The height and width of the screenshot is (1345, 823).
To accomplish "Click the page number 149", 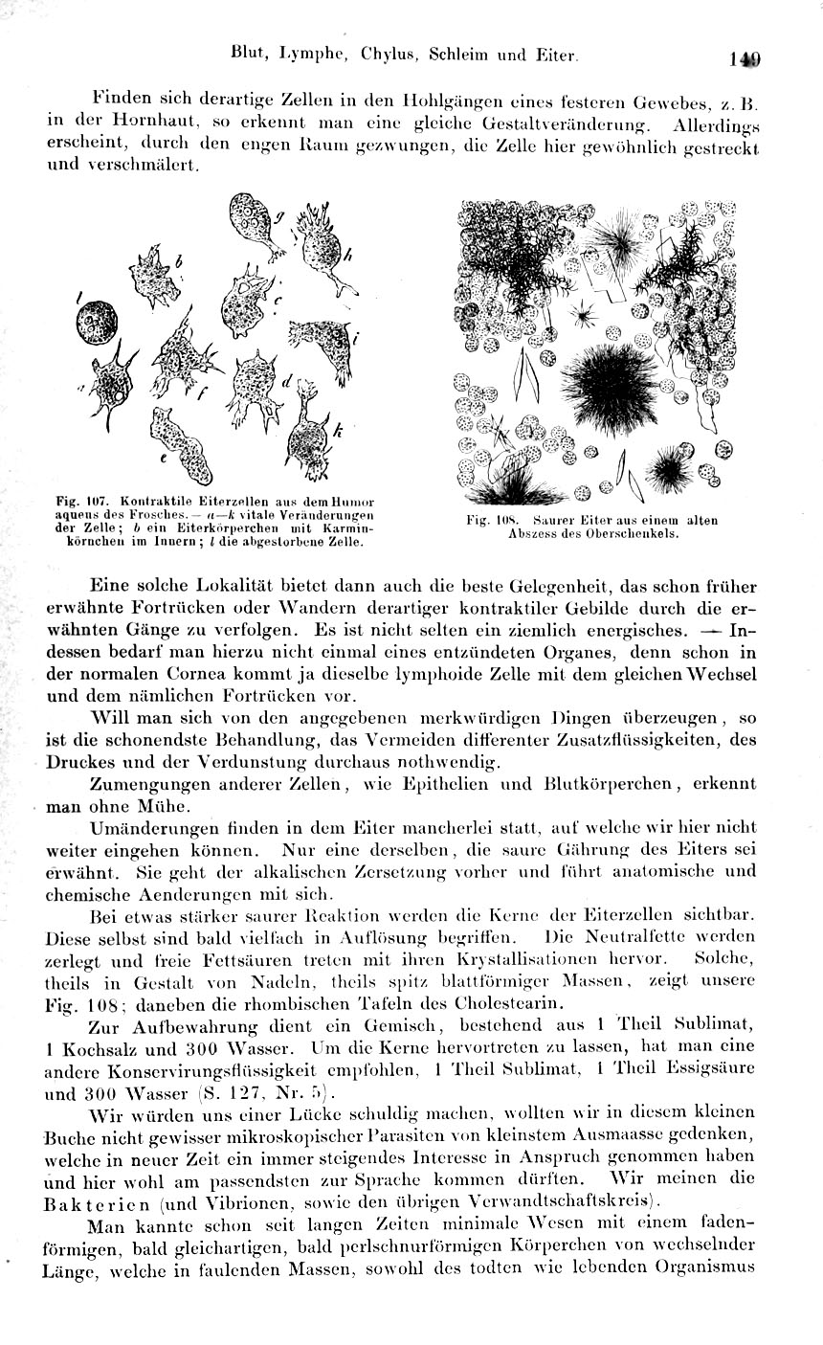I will pos(744,58).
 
